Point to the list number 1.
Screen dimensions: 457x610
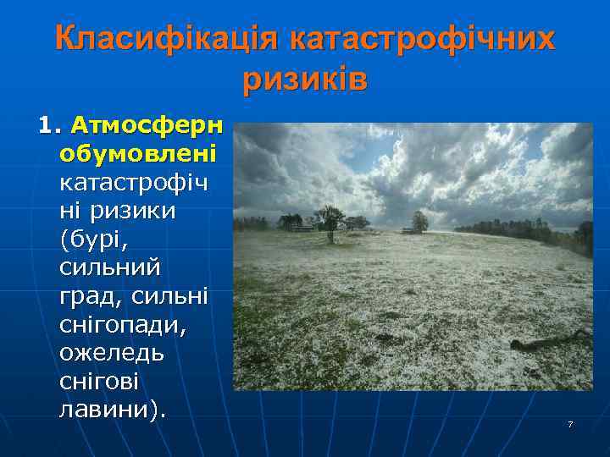coord(49,127)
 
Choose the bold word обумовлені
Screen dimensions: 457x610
coord(138,155)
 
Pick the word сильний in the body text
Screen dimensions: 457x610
coord(109,268)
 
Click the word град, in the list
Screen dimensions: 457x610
coord(90,297)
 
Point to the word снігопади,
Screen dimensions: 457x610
coord(126,325)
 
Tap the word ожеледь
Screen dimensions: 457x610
coord(112,353)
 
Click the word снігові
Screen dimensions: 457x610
coord(98,382)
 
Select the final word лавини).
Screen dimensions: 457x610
coord(114,410)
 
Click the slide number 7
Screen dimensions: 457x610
coord(570,423)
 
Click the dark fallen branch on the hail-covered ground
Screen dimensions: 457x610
coord(550,341)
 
